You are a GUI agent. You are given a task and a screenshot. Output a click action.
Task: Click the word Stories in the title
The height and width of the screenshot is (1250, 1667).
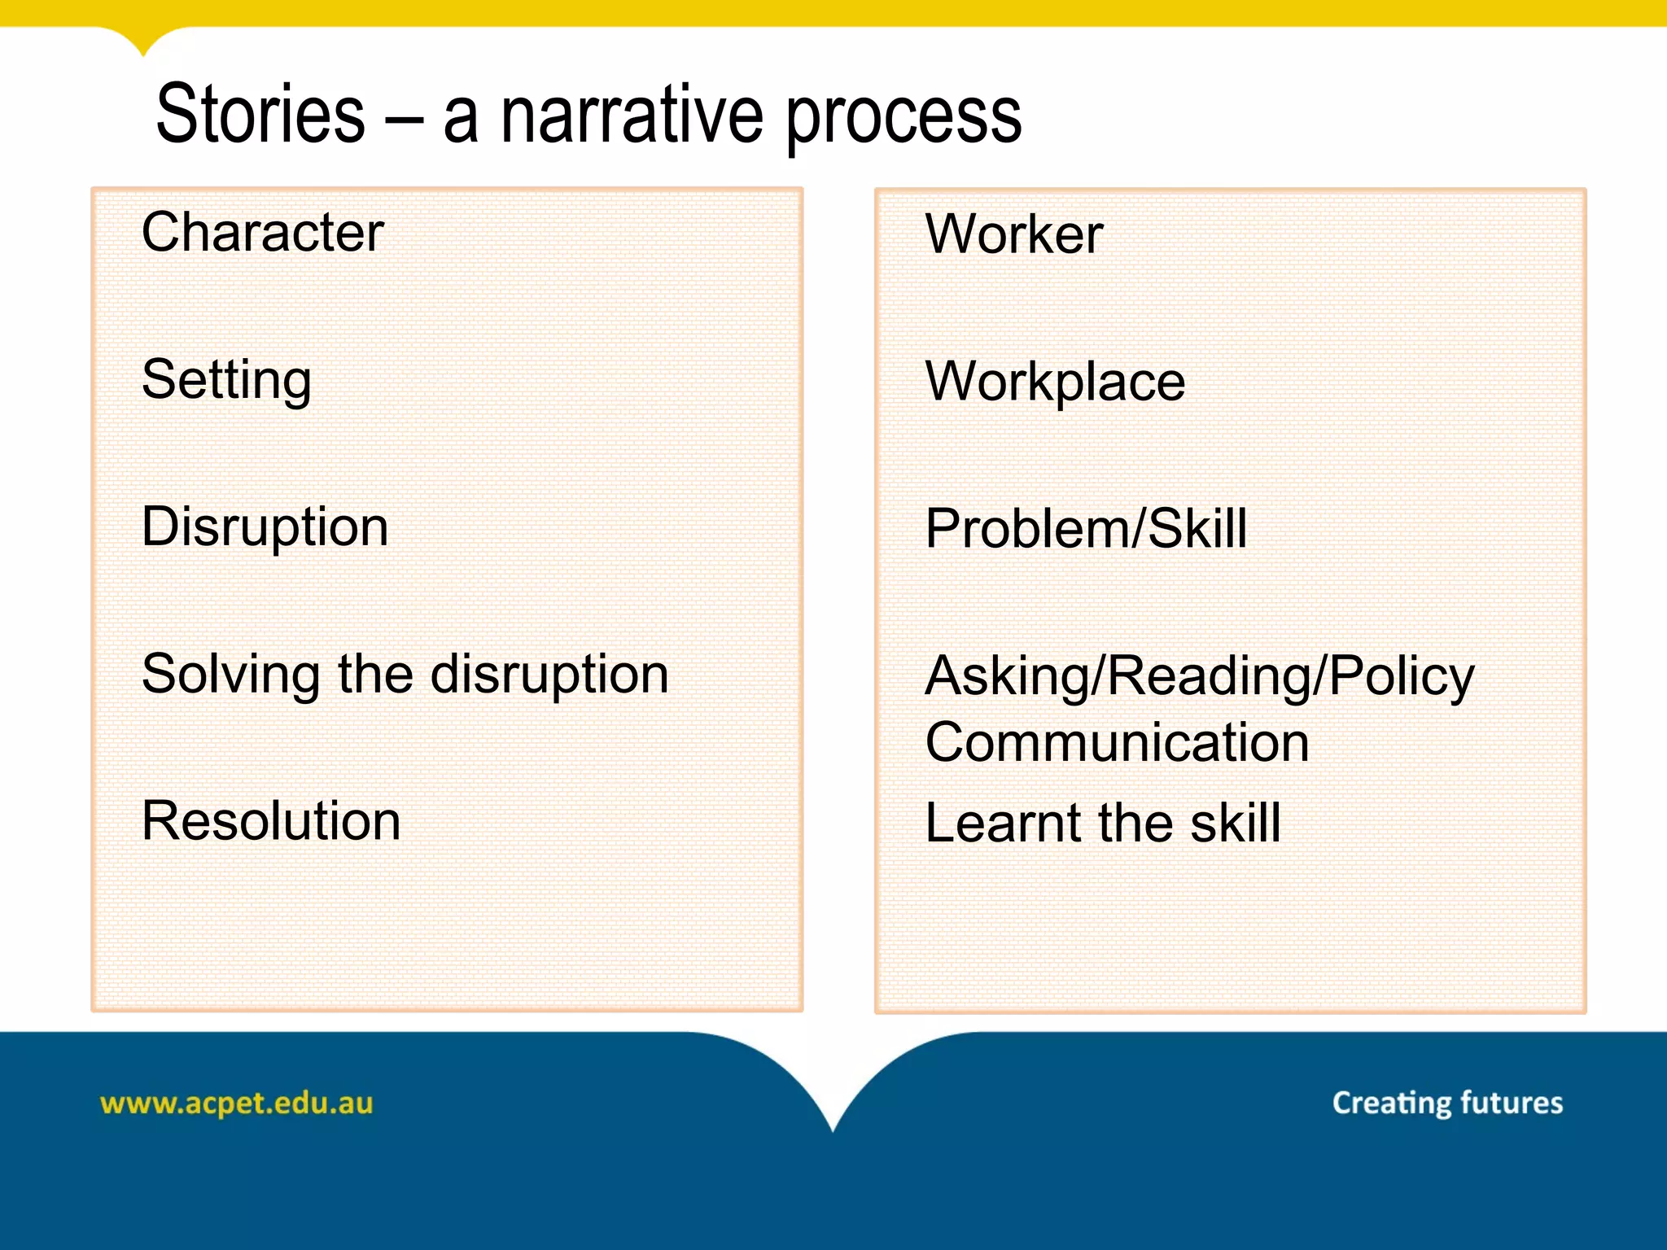[260, 116]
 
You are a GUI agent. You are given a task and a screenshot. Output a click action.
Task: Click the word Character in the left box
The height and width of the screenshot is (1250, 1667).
[262, 233]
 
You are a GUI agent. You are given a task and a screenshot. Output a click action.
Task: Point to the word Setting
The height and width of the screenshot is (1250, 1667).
[226, 381]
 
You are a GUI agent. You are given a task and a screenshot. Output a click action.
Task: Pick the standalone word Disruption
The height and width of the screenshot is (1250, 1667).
[265, 527]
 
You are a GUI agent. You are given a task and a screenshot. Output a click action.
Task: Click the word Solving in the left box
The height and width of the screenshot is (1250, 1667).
[230, 675]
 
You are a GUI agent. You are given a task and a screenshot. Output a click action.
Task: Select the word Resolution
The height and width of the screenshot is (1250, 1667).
[270, 821]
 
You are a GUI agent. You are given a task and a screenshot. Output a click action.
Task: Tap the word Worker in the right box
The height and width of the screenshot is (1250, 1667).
[1014, 235]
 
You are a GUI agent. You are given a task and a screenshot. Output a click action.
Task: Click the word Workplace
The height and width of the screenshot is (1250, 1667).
[1055, 382]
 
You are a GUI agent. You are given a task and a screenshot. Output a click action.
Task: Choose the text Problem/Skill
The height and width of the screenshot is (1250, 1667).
[1086, 529]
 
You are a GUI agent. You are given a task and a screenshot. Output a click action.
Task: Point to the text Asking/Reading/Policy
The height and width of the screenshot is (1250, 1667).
[1199, 677]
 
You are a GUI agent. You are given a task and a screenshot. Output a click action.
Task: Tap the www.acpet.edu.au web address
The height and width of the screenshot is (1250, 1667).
[236, 1104]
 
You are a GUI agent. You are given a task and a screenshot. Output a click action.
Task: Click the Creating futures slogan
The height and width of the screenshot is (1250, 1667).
[1447, 1103]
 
